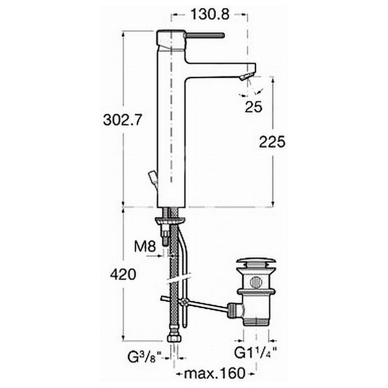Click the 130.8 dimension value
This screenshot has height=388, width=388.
point(210,14)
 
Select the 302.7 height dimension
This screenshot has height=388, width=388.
point(122,120)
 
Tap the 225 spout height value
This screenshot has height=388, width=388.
point(272,142)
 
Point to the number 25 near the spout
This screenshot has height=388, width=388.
point(253,107)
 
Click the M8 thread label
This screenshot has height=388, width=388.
point(145,247)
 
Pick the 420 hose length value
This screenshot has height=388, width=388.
point(123,274)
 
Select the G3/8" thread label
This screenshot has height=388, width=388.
point(145,357)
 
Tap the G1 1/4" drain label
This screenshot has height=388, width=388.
point(256,353)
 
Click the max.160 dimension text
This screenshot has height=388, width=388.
point(215,373)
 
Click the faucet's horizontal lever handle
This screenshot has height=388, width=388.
point(205,35)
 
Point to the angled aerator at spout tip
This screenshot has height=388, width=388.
point(247,75)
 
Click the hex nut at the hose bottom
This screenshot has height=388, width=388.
point(173,338)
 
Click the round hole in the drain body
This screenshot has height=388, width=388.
point(256,282)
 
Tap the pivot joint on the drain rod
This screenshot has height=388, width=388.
point(184,302)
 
